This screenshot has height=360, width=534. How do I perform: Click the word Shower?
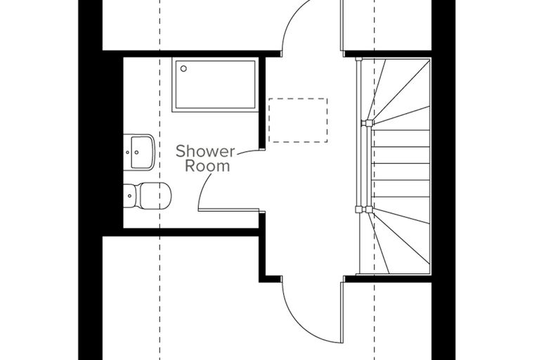coord(205,151)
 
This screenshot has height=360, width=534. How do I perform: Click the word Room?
coord(207,167)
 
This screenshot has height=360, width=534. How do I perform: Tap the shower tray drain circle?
coord(183,68)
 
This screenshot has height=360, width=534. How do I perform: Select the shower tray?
coord(215,84)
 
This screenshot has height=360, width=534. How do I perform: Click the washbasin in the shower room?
coord(139,152)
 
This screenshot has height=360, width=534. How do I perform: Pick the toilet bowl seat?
coord(155,195)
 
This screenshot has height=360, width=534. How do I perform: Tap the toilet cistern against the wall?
coord(130,195)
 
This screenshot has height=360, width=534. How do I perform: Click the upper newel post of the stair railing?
coord(367,122)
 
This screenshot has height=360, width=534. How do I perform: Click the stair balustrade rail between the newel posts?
coord(367,166)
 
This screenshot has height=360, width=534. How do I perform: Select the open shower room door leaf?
coord(229,210)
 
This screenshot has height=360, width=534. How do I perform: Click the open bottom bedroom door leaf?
coord(341,313)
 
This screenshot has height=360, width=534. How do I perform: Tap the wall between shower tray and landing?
coord(262,103)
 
